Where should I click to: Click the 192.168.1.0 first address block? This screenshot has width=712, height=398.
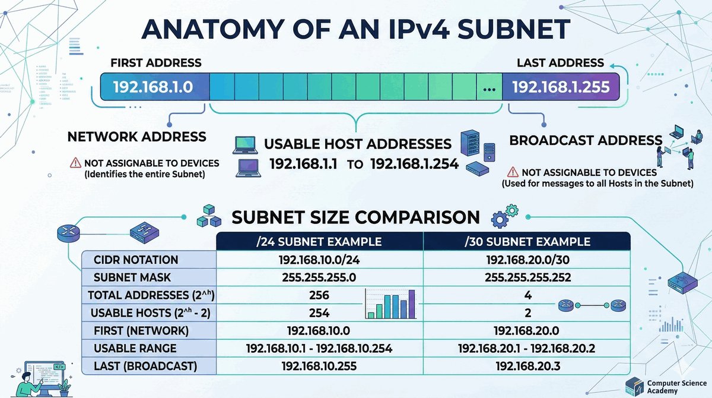click(153, 87)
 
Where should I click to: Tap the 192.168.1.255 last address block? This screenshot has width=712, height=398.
click(561, 87)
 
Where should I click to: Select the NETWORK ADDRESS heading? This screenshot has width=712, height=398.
click(137, 137)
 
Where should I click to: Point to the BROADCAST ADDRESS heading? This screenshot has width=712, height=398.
click(586, 141)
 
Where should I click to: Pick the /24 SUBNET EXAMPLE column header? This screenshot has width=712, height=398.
click(320, 242)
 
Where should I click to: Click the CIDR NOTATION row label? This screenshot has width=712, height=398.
click(136, 260)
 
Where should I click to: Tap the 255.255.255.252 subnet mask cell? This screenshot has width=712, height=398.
click(528, 277)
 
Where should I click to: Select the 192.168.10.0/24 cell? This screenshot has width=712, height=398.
click(319, 260)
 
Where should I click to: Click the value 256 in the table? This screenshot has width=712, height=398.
click(319, 295)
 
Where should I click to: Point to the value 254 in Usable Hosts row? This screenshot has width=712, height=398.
click(319, 313)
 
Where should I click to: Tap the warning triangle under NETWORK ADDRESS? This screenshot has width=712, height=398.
click(75, 163)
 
